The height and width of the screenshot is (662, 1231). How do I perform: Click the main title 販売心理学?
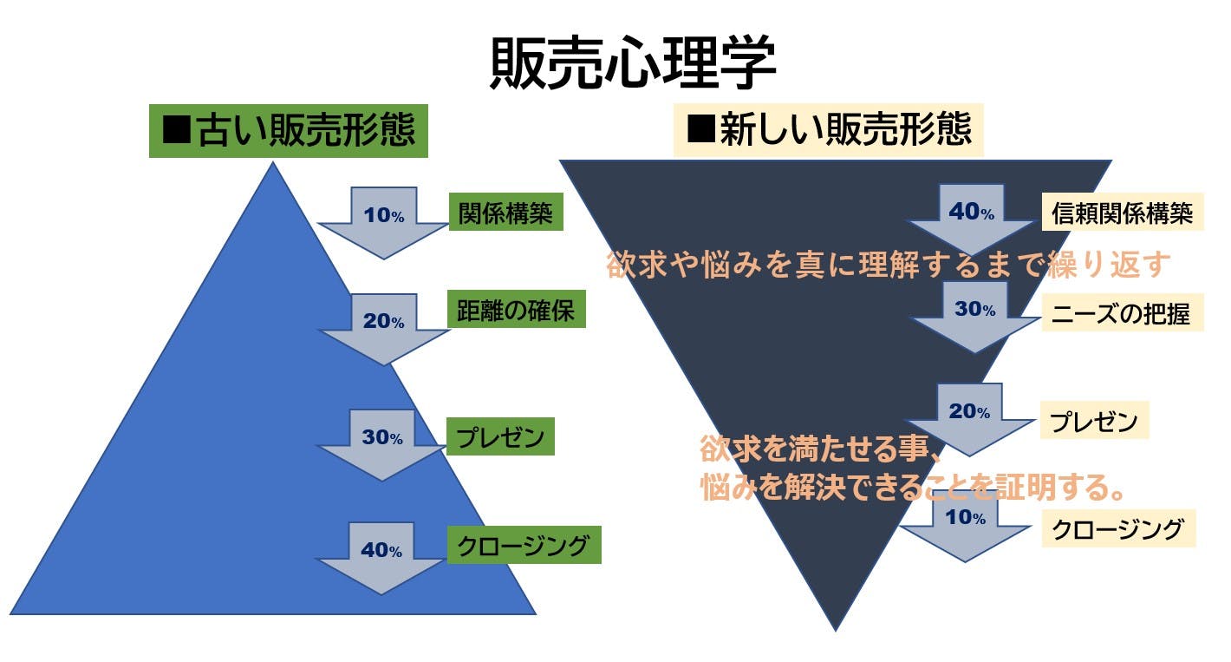point(632,64)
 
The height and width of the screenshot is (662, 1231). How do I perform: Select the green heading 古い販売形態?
point(289,131)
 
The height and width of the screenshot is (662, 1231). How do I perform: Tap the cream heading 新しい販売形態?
point(828,130)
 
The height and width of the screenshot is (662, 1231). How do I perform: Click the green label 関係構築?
point(506,213)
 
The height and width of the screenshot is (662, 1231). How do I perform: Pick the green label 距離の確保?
point(516,311)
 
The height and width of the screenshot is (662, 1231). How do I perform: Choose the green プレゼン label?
point(500,437)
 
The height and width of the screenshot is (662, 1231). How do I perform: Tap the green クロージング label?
point(524,545)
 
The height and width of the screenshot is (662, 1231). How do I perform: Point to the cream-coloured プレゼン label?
point(1093,423)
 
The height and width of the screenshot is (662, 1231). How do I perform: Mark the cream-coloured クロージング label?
point(1117,528)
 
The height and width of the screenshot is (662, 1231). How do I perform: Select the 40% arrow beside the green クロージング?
point(382,555)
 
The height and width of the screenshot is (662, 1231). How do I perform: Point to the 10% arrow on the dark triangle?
point(966,525)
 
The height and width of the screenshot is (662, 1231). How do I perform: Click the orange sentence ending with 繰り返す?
point(889,265)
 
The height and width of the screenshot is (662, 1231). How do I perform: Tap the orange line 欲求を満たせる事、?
point(820,450)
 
